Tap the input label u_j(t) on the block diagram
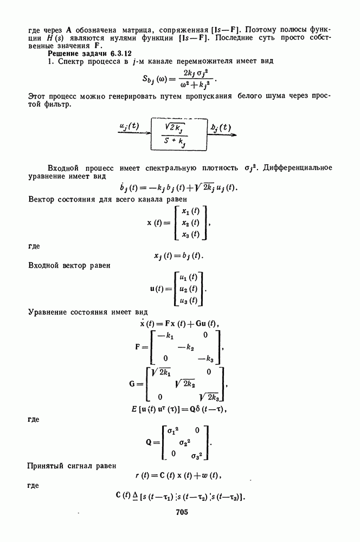(x=128, y=126)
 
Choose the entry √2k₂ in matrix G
(x=186, y=384)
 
